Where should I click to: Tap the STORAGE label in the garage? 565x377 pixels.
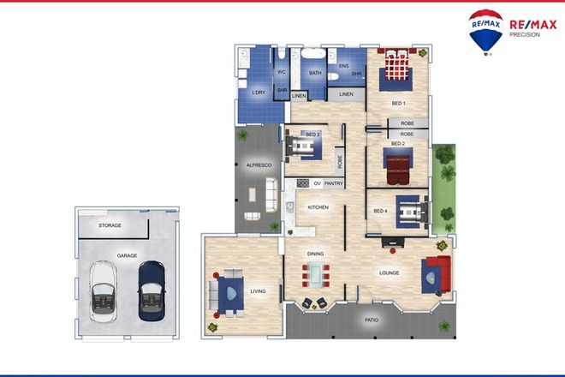110,225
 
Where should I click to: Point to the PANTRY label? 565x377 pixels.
334,183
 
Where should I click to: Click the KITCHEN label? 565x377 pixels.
318,207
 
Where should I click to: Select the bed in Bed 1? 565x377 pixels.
396,67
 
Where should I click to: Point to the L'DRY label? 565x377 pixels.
258,92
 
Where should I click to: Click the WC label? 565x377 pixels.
281,72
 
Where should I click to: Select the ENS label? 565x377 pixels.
343,66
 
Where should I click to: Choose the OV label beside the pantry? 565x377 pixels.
317,183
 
